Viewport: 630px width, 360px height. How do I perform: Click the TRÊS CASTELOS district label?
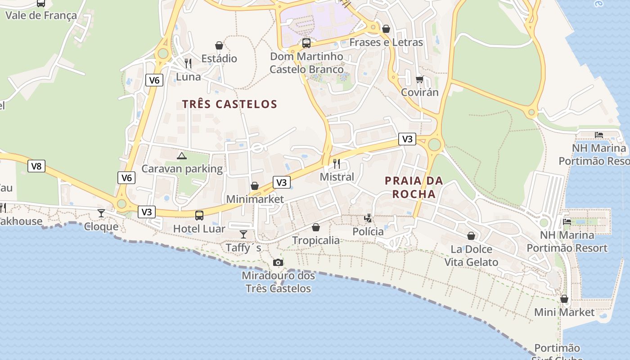229,104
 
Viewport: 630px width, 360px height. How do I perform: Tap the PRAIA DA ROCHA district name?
414,187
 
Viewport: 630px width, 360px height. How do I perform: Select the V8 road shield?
36,166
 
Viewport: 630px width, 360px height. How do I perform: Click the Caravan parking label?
182,169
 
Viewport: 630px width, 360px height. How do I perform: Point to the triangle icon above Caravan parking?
181,156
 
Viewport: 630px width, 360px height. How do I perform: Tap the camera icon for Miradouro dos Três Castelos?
278,263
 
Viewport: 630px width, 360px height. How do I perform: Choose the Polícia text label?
368,232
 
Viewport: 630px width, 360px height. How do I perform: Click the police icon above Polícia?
368,219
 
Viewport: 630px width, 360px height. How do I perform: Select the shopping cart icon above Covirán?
419,80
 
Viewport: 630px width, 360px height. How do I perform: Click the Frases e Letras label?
386,42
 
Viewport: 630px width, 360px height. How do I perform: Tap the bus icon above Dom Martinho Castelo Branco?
306,43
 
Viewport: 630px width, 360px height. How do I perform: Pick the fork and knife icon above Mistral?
337,163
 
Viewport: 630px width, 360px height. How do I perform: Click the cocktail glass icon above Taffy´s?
243,234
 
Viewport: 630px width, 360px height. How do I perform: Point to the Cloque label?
101,226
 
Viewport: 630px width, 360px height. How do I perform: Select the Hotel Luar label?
199,229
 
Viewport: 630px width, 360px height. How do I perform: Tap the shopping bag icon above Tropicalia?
316,227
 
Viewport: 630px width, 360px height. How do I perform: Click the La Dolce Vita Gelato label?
471,256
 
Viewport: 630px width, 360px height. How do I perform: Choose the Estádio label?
219,58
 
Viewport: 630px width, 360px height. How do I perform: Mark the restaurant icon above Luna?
188,63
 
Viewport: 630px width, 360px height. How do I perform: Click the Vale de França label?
41,16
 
